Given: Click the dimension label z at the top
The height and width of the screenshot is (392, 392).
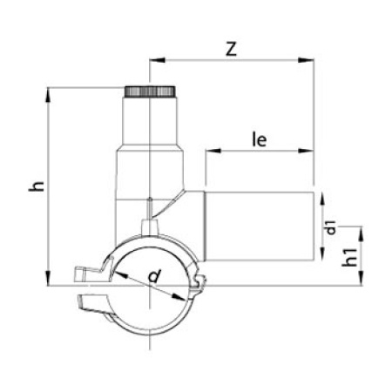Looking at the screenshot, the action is pos(232,49).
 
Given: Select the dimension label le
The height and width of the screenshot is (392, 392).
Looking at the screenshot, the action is pos(260,139).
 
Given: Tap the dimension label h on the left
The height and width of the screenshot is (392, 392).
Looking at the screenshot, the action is pos(37,186).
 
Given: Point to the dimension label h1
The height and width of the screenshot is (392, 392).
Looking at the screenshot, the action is pos(349,257).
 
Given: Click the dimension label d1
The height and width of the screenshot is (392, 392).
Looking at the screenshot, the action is pos(331,227).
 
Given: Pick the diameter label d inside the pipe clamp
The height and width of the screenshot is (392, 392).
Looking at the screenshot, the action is pos(154,276).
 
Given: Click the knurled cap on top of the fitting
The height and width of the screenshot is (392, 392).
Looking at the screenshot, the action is pos(150,91).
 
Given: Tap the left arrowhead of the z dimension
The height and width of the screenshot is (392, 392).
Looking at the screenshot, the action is pos(157,60).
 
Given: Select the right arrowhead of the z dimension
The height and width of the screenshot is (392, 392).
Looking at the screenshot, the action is pos(306,60).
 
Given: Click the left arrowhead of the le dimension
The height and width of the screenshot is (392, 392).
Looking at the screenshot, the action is pos(213,151).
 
